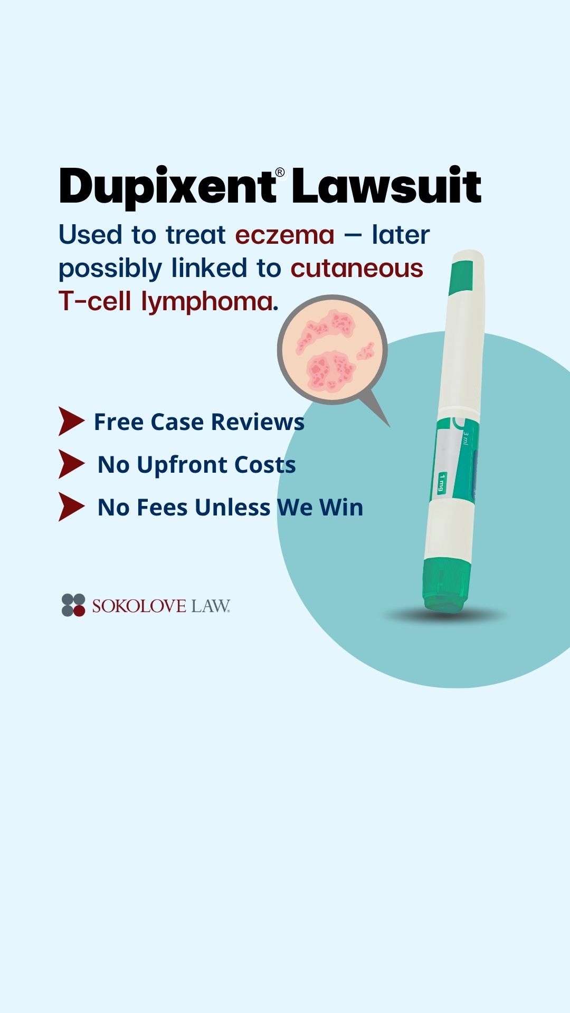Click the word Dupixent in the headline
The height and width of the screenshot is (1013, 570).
pos(167,187)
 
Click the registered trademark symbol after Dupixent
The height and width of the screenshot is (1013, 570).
pos(280,173)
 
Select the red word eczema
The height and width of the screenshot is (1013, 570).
pos(284,235)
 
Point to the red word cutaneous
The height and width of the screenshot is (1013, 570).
pos(357,268)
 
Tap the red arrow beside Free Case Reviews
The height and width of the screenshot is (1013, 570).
pos(71,421)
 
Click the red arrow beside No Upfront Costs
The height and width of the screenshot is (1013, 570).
pos(71,464)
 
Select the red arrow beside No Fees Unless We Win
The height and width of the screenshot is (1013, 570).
pos(71,507)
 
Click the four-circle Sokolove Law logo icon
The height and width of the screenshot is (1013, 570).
pos(73,605)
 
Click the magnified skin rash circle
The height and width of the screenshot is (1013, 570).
pos(332,350)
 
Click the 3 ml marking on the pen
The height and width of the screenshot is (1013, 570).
pos(465,438)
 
